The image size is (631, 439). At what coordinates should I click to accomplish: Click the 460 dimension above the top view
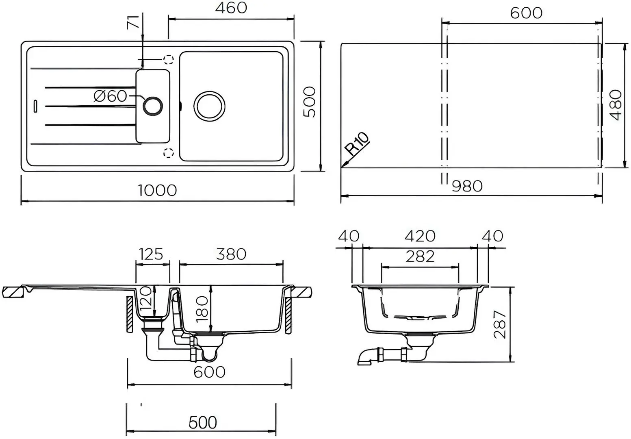(x=231, y=8)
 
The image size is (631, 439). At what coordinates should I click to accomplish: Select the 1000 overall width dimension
(x=157, y=190)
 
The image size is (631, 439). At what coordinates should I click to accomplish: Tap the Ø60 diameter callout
(x=110, y=96)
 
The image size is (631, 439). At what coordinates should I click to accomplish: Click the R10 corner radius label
(x=358, y=143)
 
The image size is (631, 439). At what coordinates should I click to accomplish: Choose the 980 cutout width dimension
(x=467, y=186)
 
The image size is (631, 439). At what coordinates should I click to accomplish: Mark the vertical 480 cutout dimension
(x=616, y=105)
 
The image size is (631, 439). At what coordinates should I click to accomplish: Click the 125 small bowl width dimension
(x=151, y=254)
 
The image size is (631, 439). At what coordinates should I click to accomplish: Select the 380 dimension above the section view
(x=231, y=254)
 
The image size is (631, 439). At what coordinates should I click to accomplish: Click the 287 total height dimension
(x=500, y=324)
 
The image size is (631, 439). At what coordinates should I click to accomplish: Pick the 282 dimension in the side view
(x=420, y=256)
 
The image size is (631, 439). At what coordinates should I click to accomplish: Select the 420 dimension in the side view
(x=420, y=236)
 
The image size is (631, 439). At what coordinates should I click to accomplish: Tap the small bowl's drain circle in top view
(x=153, y=106)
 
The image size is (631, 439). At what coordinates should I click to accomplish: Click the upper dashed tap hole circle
(x=168, y=60)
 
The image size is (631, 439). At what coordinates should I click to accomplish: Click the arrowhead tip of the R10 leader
(x=342, y=167)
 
